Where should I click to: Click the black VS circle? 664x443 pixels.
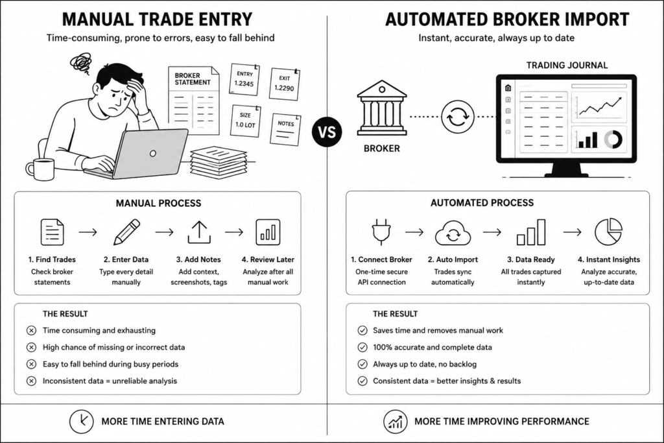327,132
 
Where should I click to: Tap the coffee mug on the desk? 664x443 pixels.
41,169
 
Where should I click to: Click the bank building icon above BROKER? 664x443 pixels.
381,108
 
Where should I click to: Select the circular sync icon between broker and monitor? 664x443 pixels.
457,117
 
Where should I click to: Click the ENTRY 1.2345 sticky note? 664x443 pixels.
244,79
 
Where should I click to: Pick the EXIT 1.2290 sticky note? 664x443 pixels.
284,84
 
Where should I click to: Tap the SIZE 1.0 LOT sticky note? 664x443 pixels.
245,121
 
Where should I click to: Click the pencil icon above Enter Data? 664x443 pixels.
126,232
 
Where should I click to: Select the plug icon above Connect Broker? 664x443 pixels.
381,232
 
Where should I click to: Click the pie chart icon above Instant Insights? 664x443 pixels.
608,232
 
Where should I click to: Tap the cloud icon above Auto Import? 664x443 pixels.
453,233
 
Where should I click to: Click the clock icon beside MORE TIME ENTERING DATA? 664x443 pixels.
81,421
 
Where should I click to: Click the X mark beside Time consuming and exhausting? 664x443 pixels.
31,330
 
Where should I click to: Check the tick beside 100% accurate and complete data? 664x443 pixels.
362,347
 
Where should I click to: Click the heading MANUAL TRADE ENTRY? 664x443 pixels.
157,19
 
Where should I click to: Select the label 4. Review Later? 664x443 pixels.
268,259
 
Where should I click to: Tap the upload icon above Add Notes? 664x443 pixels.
199,232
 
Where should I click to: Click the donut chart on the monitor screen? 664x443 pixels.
613,139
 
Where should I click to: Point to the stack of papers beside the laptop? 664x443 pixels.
219,162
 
